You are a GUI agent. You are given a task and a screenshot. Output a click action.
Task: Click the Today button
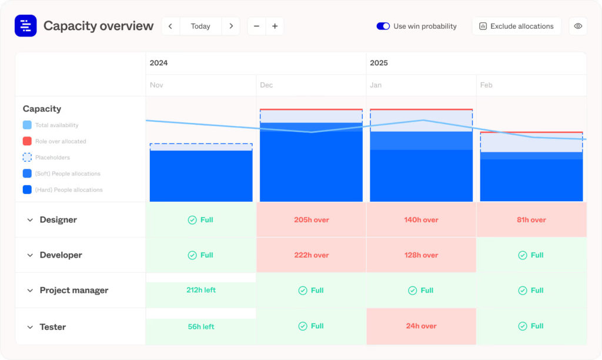[200, 26]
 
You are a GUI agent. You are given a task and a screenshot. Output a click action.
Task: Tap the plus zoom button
[275, 26]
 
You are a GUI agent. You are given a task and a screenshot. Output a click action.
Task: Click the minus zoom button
[256, 26]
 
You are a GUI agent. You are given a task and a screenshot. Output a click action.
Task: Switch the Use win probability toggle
[383, 26]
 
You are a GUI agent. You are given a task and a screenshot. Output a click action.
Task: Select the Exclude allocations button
[516, 26]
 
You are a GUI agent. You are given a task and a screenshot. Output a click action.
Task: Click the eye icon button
[578, 26]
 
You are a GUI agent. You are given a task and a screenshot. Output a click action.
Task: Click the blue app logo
[25, 26]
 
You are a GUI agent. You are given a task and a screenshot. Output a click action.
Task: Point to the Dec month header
[266, 85]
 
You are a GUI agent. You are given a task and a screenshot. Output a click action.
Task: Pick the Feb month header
[486, 85]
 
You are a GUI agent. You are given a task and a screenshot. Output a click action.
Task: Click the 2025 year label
[379, 63]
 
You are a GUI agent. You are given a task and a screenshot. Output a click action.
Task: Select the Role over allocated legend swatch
[27, 141]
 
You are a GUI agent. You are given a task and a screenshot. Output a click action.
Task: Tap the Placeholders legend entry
[52, 158]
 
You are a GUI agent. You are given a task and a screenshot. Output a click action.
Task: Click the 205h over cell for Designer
[312, 220]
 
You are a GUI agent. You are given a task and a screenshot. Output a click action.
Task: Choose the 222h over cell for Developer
[312, 255]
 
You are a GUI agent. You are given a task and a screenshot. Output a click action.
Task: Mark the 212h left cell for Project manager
[201, 290]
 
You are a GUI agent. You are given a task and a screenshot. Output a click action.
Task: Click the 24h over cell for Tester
[422, 326]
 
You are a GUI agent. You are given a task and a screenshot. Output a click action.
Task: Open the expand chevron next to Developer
[30, 255]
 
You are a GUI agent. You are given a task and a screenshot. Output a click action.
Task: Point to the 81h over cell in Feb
[531, 220]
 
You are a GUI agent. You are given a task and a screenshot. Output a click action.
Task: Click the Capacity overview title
[98, 26]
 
